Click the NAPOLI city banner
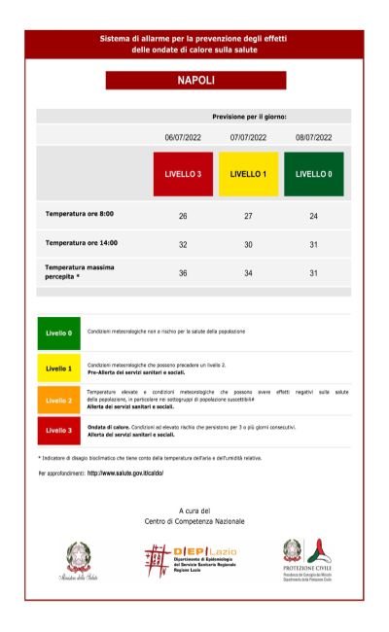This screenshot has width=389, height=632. click(195, 81)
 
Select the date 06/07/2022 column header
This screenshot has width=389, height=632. click(183, 138)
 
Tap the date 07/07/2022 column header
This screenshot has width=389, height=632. click(248, 138)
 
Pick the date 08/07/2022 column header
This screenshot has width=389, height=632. click(313, 138)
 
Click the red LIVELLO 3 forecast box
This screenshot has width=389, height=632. click(183, 174)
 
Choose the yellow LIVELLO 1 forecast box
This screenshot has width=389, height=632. click(248, 174)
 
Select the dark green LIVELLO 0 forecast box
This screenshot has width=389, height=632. click(313, 174)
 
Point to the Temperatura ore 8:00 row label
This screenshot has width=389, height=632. click(80, 213)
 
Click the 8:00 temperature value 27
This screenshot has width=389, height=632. click(248, 215)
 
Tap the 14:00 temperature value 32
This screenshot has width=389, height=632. click(183, 245)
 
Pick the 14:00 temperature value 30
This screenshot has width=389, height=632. click(248, 245)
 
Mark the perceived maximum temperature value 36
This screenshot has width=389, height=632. click(183, 273)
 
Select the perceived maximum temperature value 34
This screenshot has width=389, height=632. click(248, 273)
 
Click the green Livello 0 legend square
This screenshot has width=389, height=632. click(58, 333)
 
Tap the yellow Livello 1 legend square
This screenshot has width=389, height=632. click(58, 369)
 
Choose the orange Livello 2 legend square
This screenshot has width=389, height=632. click(58, 400)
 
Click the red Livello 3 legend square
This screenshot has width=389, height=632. click(58, 430)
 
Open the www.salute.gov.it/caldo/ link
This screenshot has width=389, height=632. click(125, 474)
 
